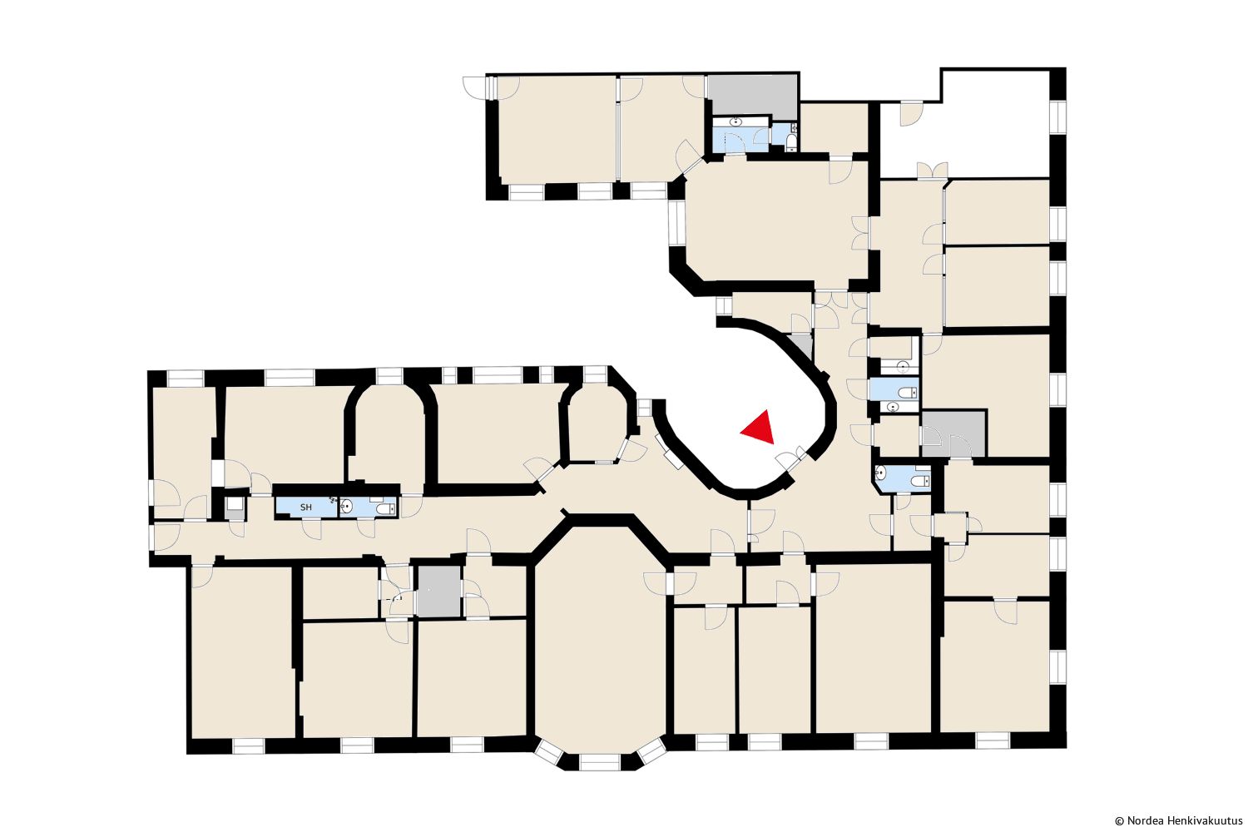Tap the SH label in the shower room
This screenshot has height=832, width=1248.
306,508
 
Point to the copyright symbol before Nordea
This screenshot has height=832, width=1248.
1119,821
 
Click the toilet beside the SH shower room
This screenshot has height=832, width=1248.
385,508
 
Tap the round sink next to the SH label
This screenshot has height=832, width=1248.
347,506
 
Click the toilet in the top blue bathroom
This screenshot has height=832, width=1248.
792,142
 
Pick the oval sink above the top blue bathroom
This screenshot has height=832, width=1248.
736,121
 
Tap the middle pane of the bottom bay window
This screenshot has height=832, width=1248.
600,762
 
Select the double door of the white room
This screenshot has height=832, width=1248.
932,170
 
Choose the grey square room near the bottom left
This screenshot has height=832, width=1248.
439,592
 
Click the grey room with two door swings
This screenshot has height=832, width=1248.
953,433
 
